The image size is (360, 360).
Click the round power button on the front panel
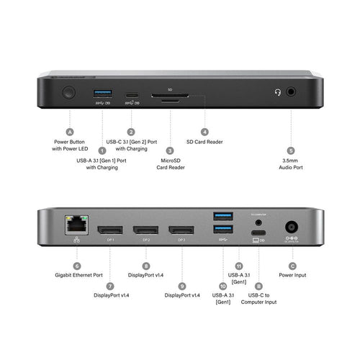point(69,93)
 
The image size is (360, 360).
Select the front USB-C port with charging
point(131,94)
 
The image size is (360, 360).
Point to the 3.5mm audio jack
point(291,92)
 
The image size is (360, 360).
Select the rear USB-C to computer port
point(258,232)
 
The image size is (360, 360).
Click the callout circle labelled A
point(70,132)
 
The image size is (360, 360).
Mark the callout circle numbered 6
point(76,266)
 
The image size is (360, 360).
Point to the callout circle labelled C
point(292,266)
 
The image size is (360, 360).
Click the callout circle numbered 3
point(170,150)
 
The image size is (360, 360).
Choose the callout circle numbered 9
point(183,284)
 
